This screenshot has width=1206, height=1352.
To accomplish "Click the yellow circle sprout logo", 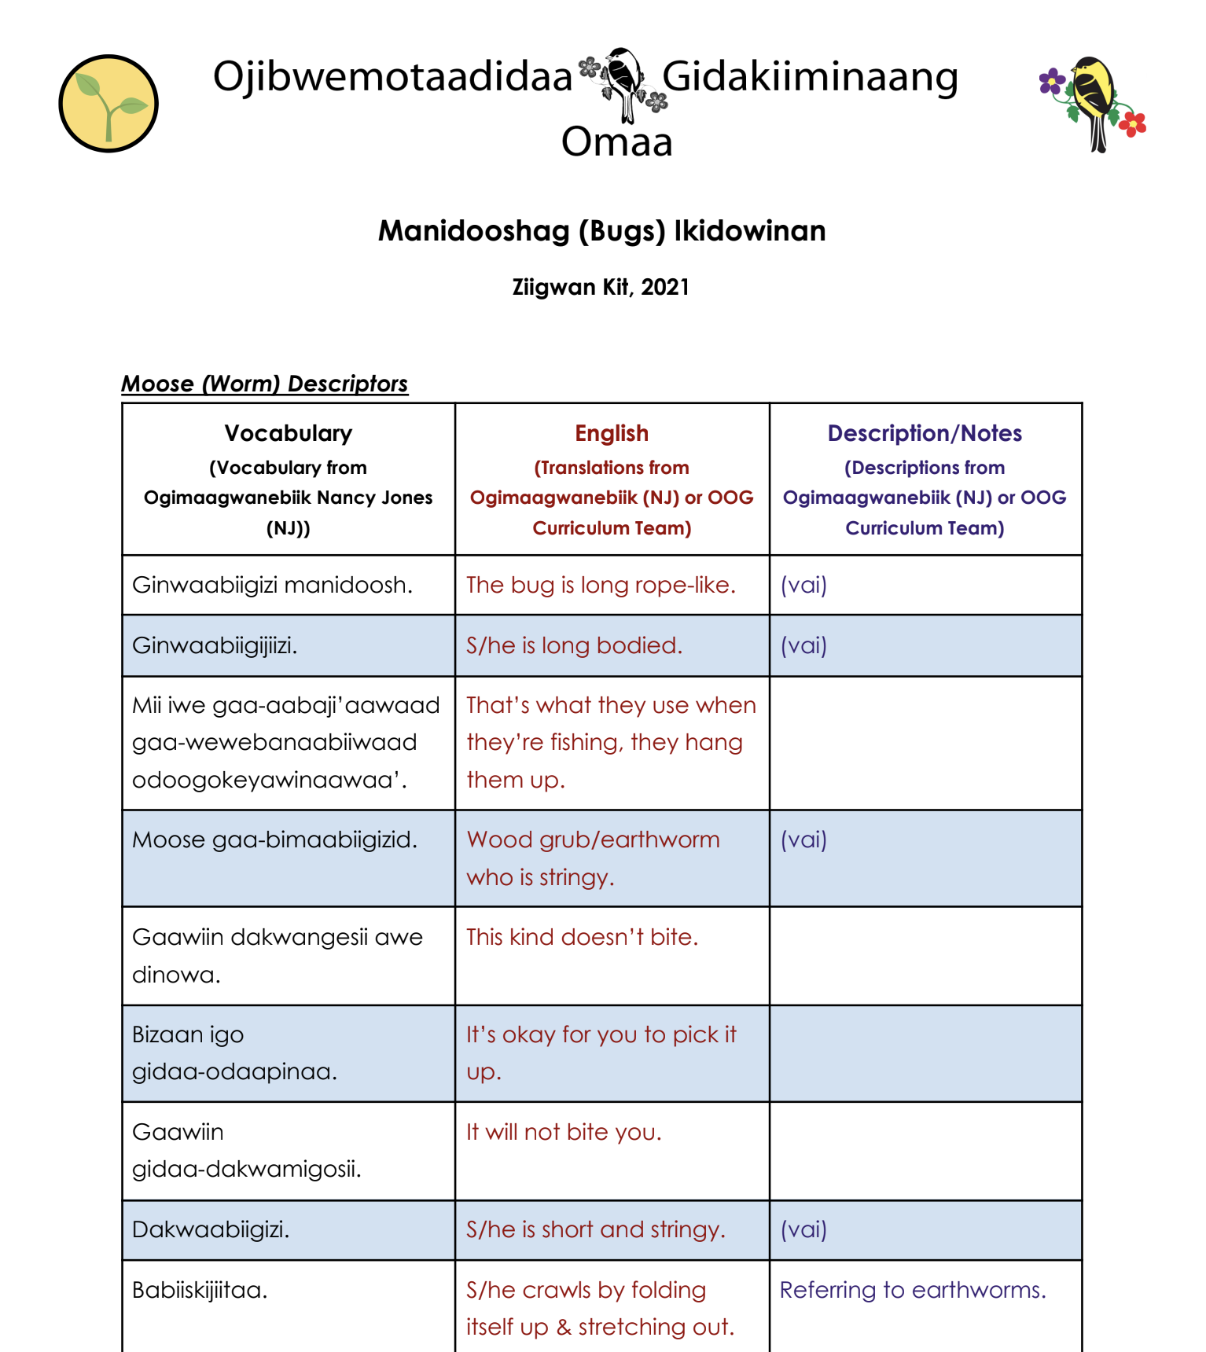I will (108, 104).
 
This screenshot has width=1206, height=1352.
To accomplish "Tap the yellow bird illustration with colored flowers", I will (1094, 102).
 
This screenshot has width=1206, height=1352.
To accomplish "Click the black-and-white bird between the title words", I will (623, 83).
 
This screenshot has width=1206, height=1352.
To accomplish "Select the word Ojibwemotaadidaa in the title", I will (392, 77).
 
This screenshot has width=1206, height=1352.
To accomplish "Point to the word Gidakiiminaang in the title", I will (810, 77).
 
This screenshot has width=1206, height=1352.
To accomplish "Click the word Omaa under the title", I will (616, 142).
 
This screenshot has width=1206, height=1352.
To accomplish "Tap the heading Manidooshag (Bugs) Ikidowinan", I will (601, 231).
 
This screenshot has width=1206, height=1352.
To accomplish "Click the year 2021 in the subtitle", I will (665, 288).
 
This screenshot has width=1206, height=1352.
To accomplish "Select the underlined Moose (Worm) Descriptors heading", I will (265, 384).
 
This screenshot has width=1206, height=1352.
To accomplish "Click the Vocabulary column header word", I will (288, 433).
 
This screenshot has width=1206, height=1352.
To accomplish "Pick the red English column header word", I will (612, 433).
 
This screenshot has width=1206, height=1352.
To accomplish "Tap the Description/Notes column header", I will (925, 433).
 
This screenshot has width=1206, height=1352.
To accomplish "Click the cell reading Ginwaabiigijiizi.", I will (215, 645).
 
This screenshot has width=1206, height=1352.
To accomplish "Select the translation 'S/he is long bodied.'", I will (574, 645).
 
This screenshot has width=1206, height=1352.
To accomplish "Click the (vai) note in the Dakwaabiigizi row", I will (803, 1229).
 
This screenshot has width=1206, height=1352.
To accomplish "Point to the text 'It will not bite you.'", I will (564, 1132).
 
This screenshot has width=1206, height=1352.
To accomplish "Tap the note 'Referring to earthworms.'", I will (913, 1290).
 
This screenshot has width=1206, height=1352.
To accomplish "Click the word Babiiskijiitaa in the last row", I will (200, 1290).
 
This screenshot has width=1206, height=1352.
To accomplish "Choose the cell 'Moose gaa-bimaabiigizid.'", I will (274, 839).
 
